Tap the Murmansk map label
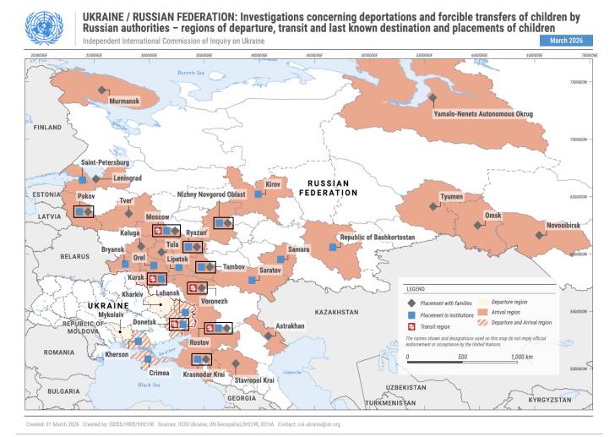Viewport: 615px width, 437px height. [123, 101]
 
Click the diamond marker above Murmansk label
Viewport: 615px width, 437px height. [102, 90]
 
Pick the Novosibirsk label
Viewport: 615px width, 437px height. [563, 226]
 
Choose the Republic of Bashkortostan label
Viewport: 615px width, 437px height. [377, 238]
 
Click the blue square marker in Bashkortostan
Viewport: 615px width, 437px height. [332, 247]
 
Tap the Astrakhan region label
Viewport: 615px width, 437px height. [290, 326]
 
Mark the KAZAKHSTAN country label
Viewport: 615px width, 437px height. [337, 311]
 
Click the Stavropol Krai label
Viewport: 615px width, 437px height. [255, 380]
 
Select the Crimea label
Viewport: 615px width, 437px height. [159, 373]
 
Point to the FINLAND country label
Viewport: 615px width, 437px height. [47, 128]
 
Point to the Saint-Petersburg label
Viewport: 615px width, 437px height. [105, 161]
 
